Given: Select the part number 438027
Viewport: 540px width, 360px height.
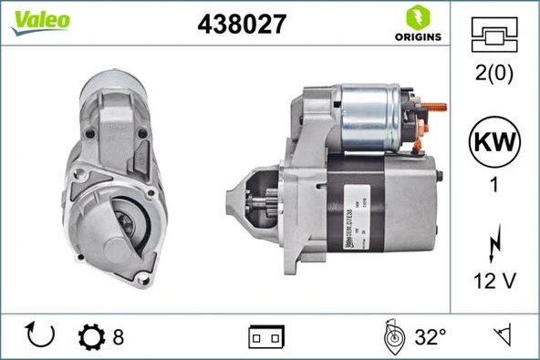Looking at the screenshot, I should tap(243, 25).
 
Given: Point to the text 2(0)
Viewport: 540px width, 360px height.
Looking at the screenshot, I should tap(493, 73).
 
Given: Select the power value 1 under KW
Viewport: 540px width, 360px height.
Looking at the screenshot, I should tap(493, 184).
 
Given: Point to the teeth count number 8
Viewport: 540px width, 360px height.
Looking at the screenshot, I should tap(119, 337).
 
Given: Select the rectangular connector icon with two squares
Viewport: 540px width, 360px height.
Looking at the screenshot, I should tap(266, 338).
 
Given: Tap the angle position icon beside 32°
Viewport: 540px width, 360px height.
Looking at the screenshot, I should tap(392, 336).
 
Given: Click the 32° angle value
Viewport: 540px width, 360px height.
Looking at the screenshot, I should tap(430, 337).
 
